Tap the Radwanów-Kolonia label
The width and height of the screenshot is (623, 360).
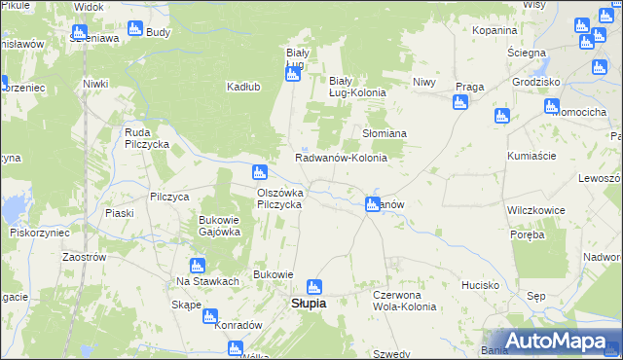click(341, 158)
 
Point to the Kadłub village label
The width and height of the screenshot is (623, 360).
click(242, 86)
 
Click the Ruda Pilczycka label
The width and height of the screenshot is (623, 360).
click(141, 138)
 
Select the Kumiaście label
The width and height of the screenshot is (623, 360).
click(531, 156)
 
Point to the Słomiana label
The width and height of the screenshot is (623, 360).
click(385, 133)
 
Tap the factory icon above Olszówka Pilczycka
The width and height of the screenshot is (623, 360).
click(259, 173)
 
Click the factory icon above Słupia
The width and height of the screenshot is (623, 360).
click(313, 287)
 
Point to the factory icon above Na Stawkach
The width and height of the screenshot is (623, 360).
click(198, 265)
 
